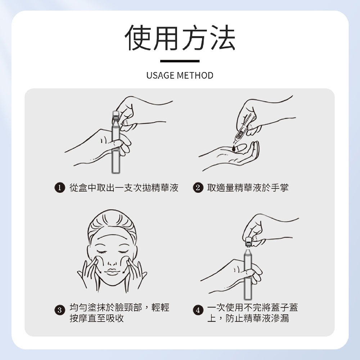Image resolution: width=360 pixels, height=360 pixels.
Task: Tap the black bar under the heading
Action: (180, 61)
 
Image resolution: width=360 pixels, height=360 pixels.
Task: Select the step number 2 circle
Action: (197, 188)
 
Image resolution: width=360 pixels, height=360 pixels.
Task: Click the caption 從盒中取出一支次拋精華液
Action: (124, 188)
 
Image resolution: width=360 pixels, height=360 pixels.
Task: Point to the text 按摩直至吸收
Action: (96, 318)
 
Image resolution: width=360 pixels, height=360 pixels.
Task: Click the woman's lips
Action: (112, 271)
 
